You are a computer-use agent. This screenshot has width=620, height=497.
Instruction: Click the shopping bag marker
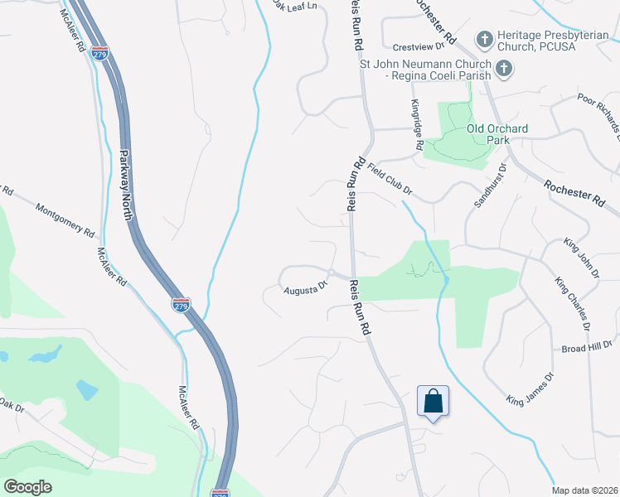coord(433,403)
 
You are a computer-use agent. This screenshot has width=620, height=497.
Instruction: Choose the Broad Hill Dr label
coord(586,349)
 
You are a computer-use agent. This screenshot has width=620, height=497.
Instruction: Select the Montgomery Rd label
coord(65,219)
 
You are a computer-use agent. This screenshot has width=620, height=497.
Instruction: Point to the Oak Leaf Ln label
coord(298,7)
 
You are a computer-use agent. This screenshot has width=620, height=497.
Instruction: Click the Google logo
coord(28,487)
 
